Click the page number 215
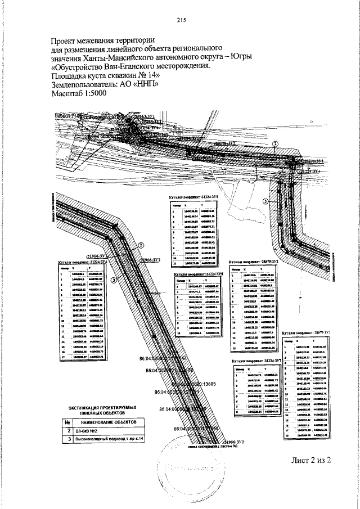[181, 21]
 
